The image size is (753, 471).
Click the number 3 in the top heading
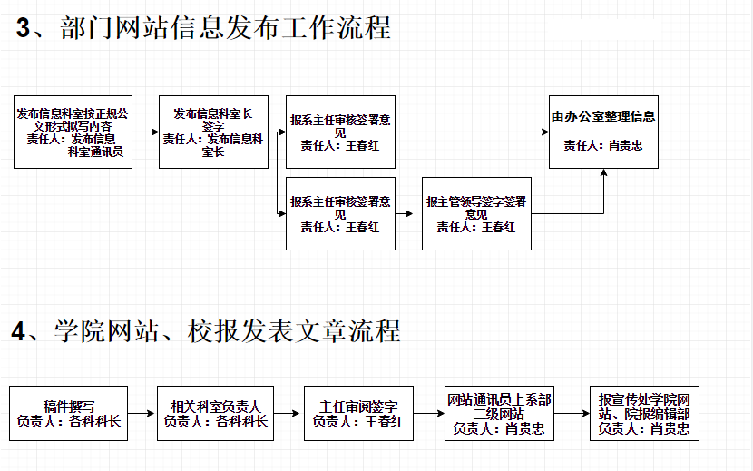[x=23, y=27]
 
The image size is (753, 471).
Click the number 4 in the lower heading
[x=18, y=331]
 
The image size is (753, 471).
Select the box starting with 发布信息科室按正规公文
[x=73, y=132]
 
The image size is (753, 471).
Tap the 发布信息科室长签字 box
[x=214, y=132]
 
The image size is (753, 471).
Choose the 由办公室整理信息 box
[x=603, y=132]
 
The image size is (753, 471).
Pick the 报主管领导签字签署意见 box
[x=476, y=213]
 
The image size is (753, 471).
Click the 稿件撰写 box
[x=69, y=413]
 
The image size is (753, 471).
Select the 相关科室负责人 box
[x=215, y=413]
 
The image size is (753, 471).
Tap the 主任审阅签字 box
[x=358, y=413]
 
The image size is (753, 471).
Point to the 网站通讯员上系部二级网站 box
[x=500, y=413]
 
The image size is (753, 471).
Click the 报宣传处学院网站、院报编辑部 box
[x=644, y=413]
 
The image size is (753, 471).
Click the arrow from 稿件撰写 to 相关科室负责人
[x=142, y=413]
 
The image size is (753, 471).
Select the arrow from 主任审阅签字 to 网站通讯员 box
[x=429, y=413]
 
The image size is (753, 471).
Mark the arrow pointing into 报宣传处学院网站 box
[x=572, y=413]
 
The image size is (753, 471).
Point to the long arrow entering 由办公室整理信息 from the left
[x=472, y=132]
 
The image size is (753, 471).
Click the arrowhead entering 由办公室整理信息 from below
[x=603, y=172]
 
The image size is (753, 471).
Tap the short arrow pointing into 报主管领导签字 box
[x=404, y=213]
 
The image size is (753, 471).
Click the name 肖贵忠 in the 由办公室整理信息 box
[x=626, y=145]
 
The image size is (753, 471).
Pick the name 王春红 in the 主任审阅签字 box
[x=384, y=421]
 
